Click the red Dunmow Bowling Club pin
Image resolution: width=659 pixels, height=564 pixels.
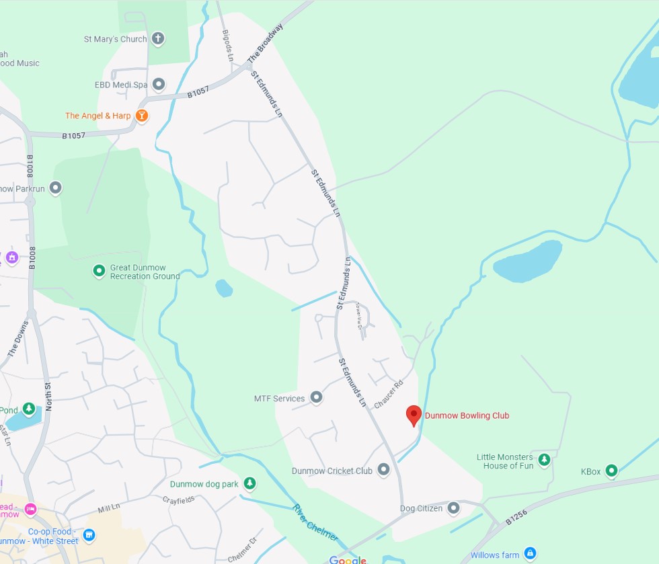tap(414, 415)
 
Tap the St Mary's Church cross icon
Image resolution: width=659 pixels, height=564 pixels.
tap(158, 38)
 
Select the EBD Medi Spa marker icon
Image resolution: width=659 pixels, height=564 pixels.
tap(159, 85)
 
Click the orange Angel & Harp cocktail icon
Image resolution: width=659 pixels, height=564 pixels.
tap(141, 116)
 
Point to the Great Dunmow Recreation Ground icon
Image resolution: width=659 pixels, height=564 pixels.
tap(99, 271)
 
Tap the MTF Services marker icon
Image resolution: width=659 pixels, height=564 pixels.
tap(316, 398)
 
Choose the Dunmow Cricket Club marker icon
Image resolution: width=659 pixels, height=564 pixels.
tap(383, 470)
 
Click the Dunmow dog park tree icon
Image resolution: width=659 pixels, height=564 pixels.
tap(249, 483)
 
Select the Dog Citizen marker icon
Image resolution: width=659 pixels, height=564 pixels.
tap(454, 508)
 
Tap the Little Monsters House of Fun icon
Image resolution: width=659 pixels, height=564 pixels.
tap(544, 460)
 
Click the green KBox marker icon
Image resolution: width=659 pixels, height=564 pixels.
tap(611, 471)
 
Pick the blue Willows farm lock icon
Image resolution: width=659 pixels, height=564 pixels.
tap(530, 554)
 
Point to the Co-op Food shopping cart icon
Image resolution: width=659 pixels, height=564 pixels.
tap(89, 536)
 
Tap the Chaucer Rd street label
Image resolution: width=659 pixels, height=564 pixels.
tap(388, 395)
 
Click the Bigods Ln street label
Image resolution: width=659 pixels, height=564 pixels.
tap(227, 44)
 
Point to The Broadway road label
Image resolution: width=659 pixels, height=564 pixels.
tap(265, 44)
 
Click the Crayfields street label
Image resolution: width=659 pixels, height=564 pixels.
tap(178, 499)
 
